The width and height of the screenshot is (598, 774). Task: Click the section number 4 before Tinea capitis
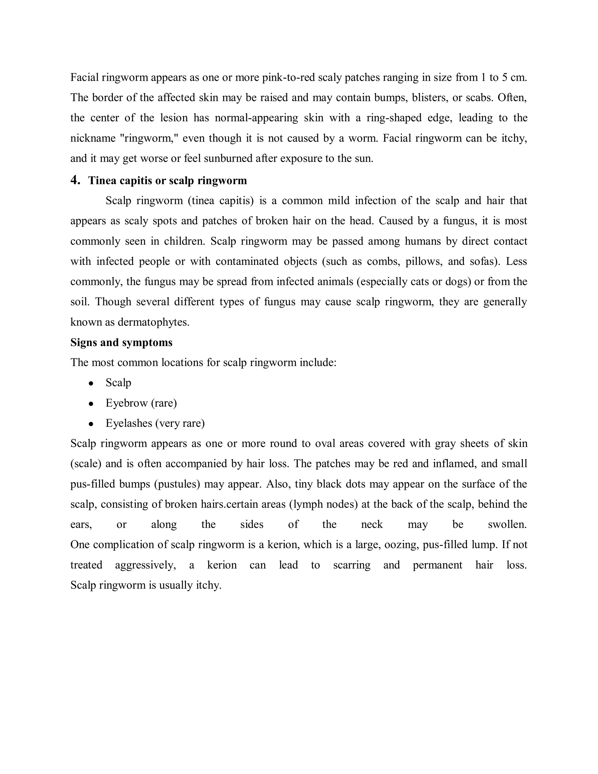[x=75, y=181]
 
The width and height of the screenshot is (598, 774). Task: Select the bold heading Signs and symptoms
[x=121, y=342]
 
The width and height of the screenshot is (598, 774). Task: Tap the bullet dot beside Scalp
[x=91, y=383]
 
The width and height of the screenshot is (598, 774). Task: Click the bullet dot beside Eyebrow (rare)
[x=91, y=404]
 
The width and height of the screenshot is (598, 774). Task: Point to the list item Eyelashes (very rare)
[x=155, y=423]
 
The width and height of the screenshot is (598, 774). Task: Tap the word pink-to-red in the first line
[x=288, y=77]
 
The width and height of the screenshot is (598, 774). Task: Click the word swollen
[x=507, y=525]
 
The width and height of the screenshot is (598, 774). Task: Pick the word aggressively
[x=145, y=565]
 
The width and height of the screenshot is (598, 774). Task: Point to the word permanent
[x=437, y=565]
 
